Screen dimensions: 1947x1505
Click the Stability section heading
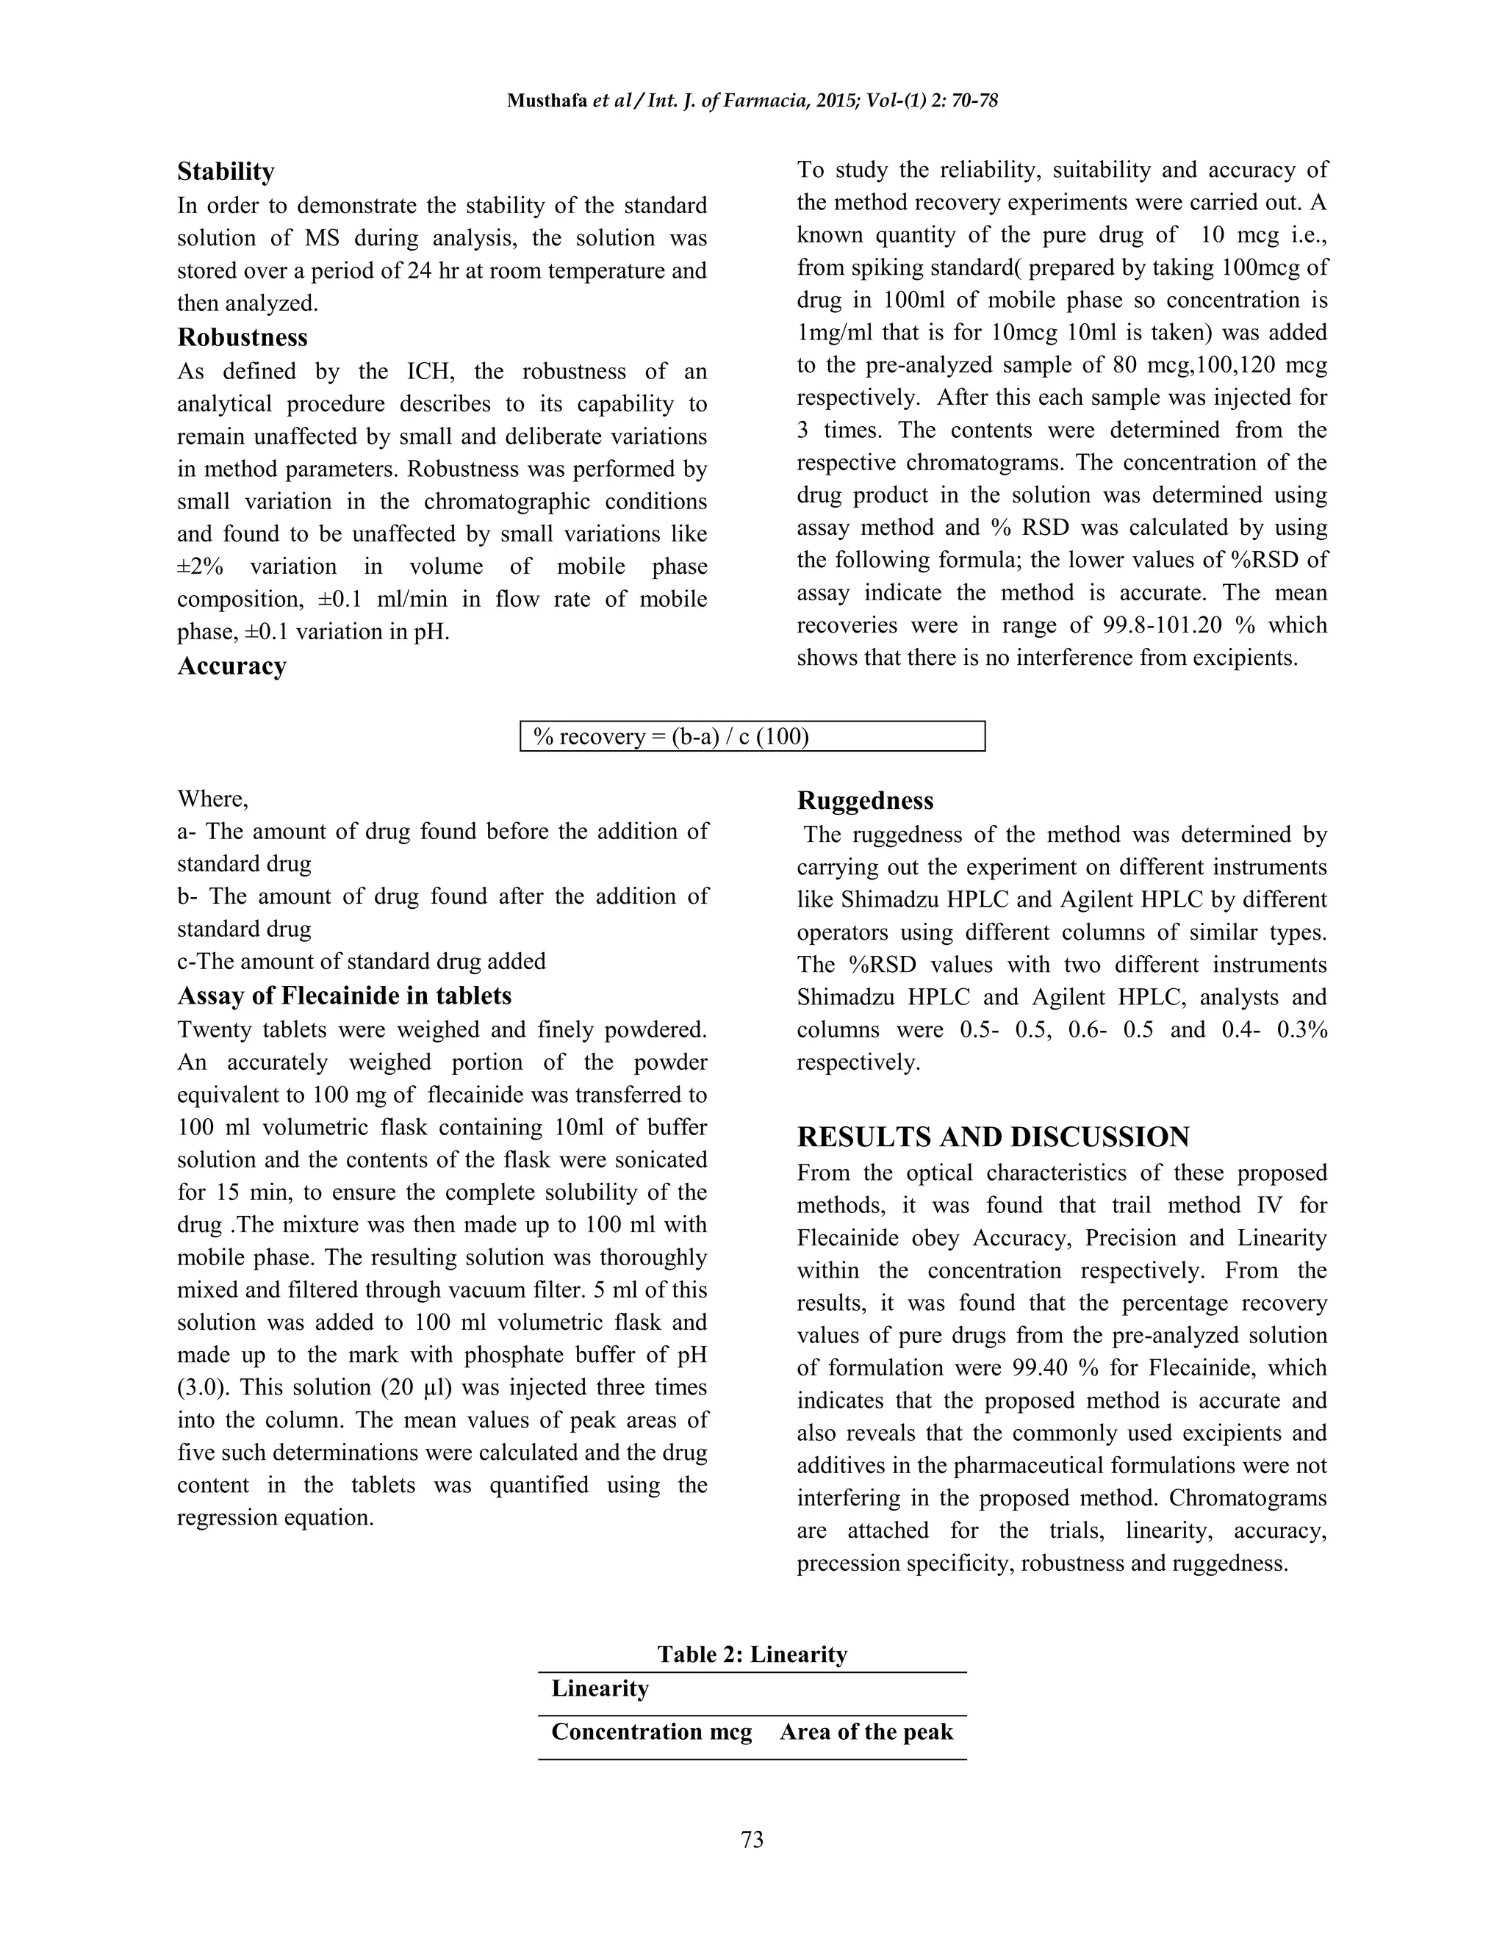coord(226,171)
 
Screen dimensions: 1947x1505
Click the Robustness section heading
coord(243,337)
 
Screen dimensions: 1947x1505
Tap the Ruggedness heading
coord(865,801)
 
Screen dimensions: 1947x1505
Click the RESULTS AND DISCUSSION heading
coord(992,1137)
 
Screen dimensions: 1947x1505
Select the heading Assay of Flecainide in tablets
coord(344,995)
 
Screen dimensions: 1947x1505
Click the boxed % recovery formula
coord(752,736)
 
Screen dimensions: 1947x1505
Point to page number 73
coord(752,1839)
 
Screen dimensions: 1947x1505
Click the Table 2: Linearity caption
coord(752,1654)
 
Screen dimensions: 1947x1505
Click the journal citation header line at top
coord(752,101)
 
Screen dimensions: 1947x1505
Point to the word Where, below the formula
coord(212,798)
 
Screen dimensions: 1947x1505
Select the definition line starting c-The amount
coord(361,961)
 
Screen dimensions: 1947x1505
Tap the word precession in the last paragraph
coord(847,1563)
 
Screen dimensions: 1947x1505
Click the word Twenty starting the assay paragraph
coord(215,1029)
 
